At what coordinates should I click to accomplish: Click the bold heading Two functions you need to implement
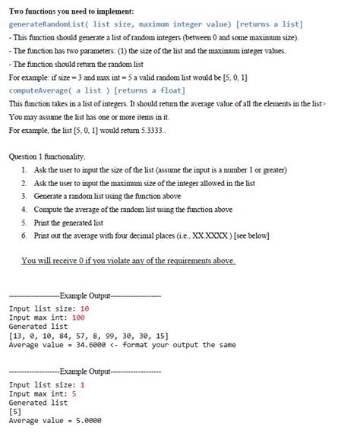pos(71,11)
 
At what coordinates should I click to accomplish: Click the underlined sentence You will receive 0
pos(128,261)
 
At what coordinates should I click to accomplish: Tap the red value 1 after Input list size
pos(82,384)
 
